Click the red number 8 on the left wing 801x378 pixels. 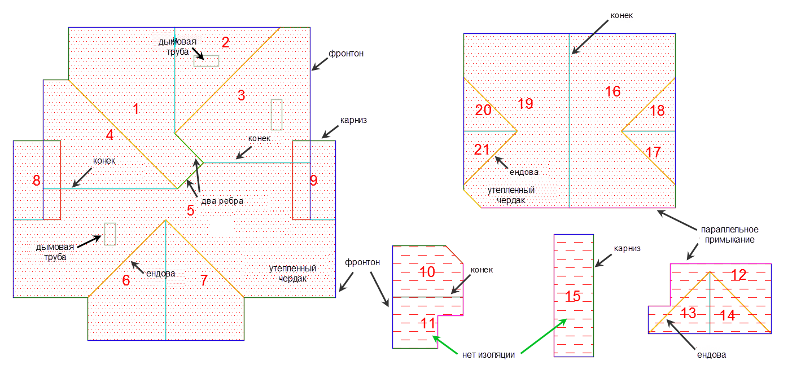(37, 181)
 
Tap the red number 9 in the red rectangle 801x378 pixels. (314, 181)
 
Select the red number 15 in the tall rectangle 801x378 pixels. (573, 296)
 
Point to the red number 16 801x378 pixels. (613, 91)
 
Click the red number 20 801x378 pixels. (483, 110)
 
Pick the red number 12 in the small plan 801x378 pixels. (738, 275)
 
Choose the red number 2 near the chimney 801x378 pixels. (225, 42)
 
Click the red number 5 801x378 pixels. (191, 210)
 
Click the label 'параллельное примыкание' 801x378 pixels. (729, 235)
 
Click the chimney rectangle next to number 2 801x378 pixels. (206, 60)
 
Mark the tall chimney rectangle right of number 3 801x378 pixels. (277, 114)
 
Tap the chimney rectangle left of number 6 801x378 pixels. (110, 234)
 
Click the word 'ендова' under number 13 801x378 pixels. (711, 355)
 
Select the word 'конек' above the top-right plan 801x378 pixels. (621, 16)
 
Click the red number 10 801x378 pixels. (427, 272)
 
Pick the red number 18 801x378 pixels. (657, 111)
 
